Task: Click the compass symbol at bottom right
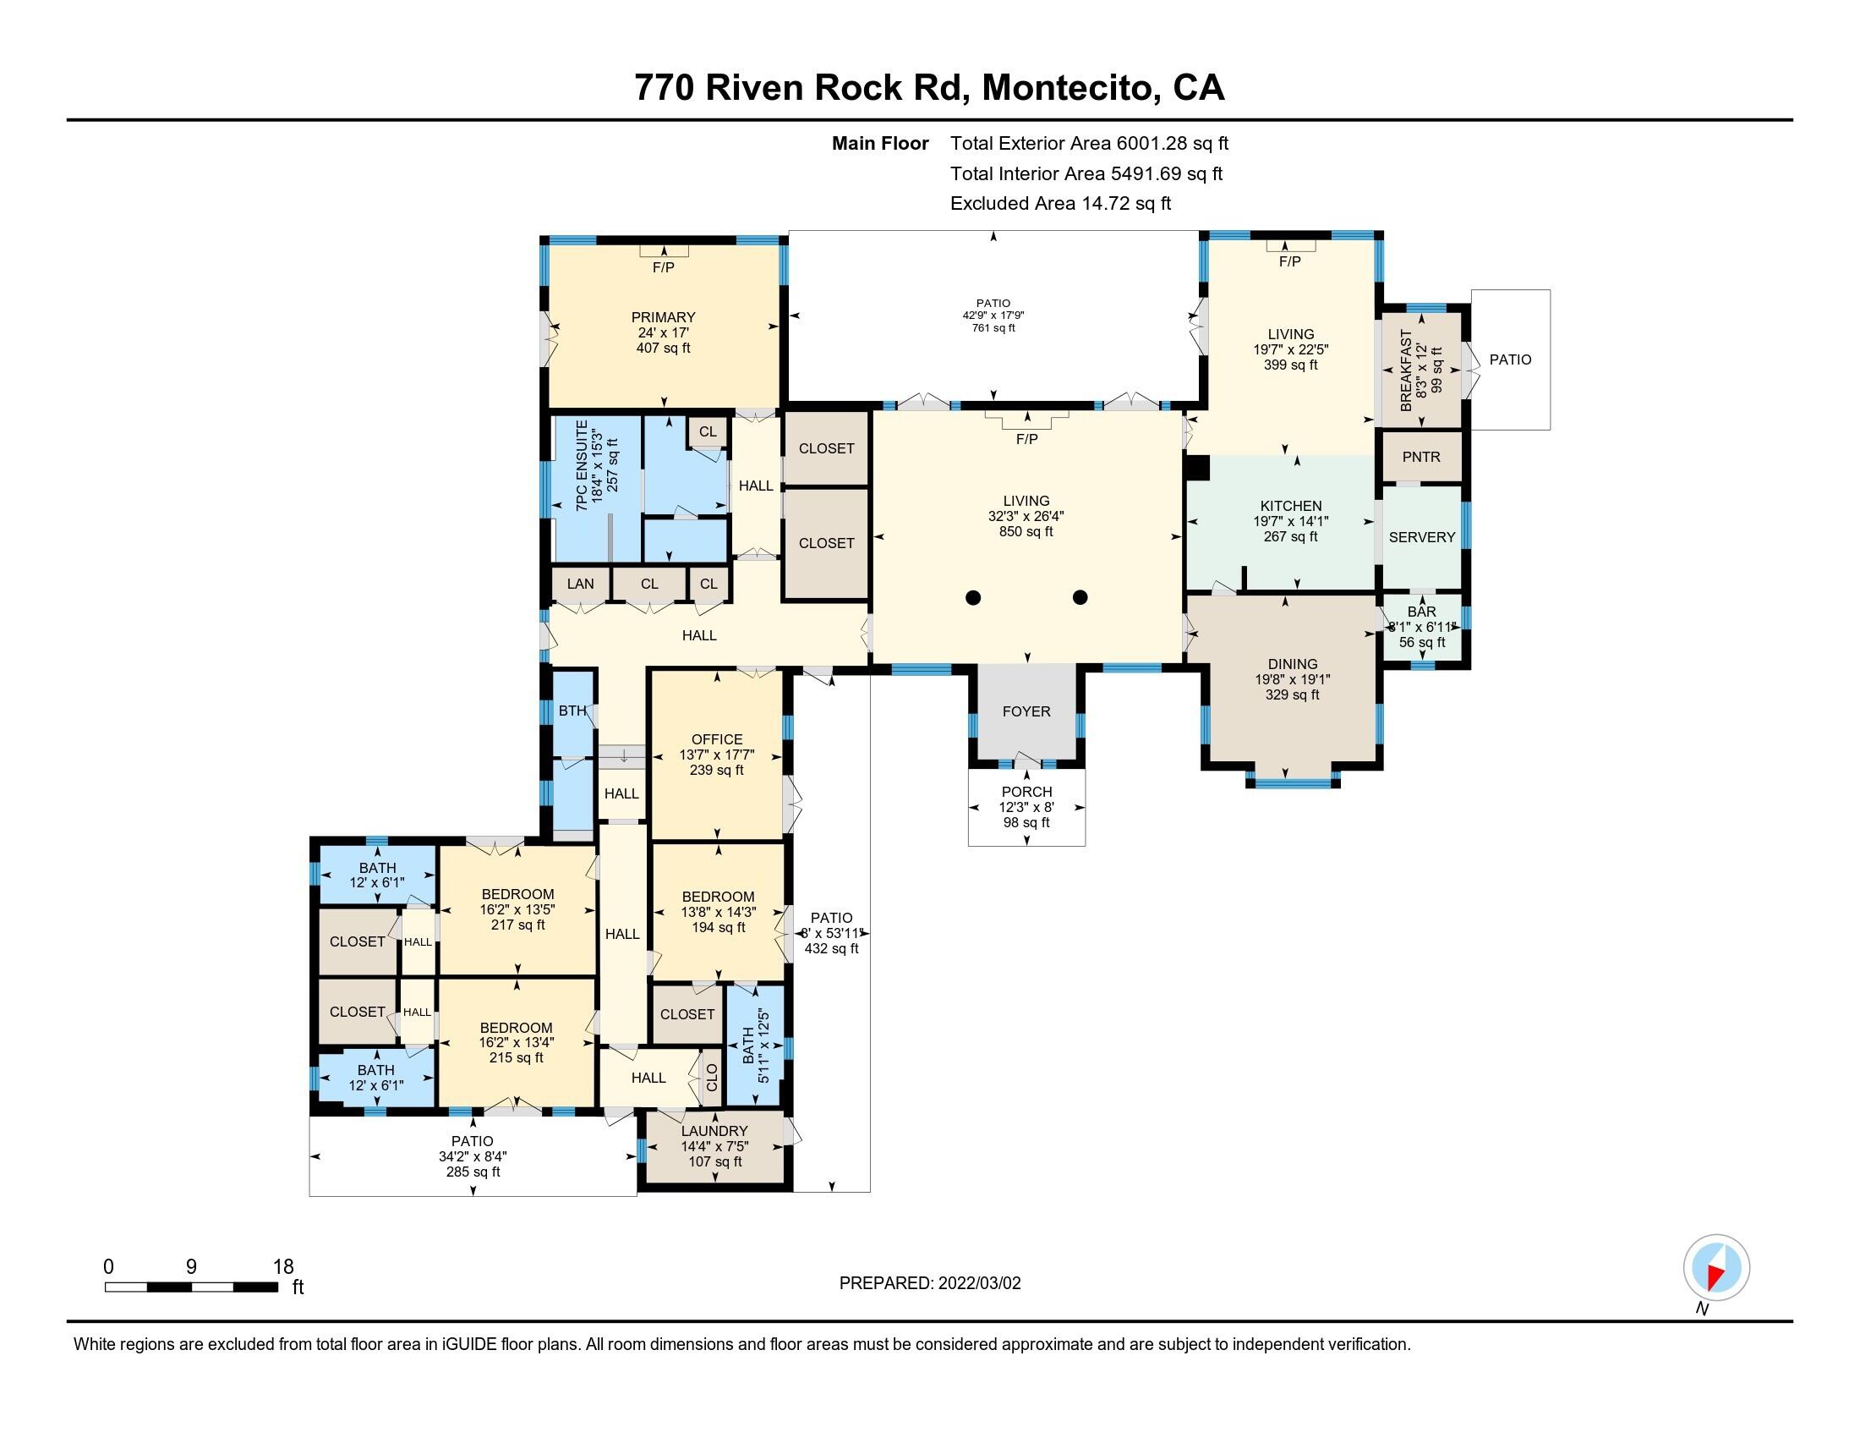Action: point(1715,1268)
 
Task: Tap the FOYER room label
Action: point(1026,711)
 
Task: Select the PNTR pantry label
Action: point(1420,458)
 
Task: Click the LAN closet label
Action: point(580,584)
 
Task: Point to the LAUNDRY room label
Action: point(714,1131)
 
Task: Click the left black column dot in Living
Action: point(973,597)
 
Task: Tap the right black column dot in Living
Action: point(1080,597)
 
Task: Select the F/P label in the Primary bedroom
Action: point(663,267)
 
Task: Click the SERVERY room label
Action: point(1421,537)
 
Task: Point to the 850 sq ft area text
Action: point(1026,531)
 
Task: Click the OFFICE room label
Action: point(716,739)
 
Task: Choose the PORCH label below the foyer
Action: point(1026,792)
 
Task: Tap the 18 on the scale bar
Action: point(283,1267)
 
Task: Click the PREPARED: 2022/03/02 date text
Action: point(929,1283)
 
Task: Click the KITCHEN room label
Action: point(1290,506)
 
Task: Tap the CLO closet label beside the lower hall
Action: point(712,1078)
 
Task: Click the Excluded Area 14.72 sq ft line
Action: point(1060,204)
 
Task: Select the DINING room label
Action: point(1292,665)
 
